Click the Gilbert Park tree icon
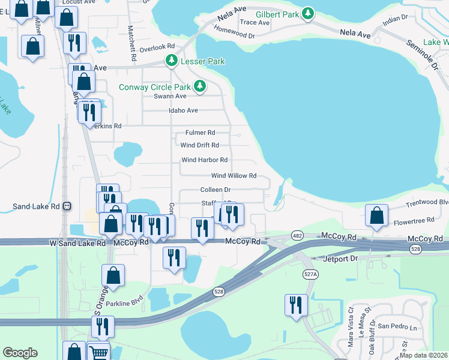tap(307, 13)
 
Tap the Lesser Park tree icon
tap(171, 61)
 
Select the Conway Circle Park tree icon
tap(200, 87)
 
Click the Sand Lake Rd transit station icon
tap(67, 206)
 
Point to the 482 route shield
tap(297, 235)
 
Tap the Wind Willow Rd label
tap(234, 176)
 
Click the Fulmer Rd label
tap(200, 133)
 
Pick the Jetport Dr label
tap(340, 258)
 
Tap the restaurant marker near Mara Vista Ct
tap(295, 305)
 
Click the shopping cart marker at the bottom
tap(98, 353)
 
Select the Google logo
tap(20, 353)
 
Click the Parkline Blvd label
tap(125, 301)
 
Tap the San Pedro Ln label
tap(396, 328)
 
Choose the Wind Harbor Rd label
tap(205, 160)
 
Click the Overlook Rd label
tap(157, 46)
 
